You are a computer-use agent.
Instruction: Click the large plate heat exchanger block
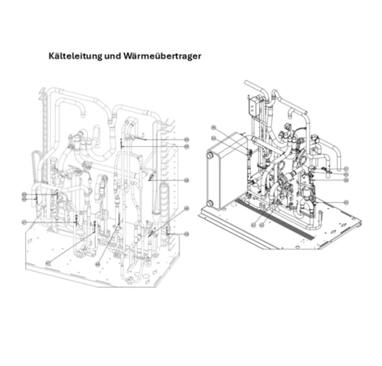pyautogui.click(x=223, y=177)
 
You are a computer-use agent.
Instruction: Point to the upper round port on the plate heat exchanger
pyautogui.click(x=210, y=154)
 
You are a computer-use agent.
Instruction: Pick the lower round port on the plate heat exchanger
pyautogui.click(x=210, y=203)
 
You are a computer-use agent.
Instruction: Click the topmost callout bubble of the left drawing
pyautogui.click(x=186, y=139)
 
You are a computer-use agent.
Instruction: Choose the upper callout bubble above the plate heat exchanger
pyautogui.click(x=213, y=128)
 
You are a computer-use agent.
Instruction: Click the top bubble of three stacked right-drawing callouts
pyautogui.click(x=346, y=165)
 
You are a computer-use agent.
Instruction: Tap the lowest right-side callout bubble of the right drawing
pyautogui.click(x=346, y=202)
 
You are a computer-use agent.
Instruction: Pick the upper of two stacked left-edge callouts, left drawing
pyautogui.click(x=25, y=193)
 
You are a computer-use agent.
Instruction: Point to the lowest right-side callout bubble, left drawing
pyautogui.click(x=186, y=235)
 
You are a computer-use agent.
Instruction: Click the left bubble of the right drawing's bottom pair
pyautogui.click(x=254, y=225)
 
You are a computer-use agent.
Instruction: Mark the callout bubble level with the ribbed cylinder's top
pyautogui.click(x=186, y=180)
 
